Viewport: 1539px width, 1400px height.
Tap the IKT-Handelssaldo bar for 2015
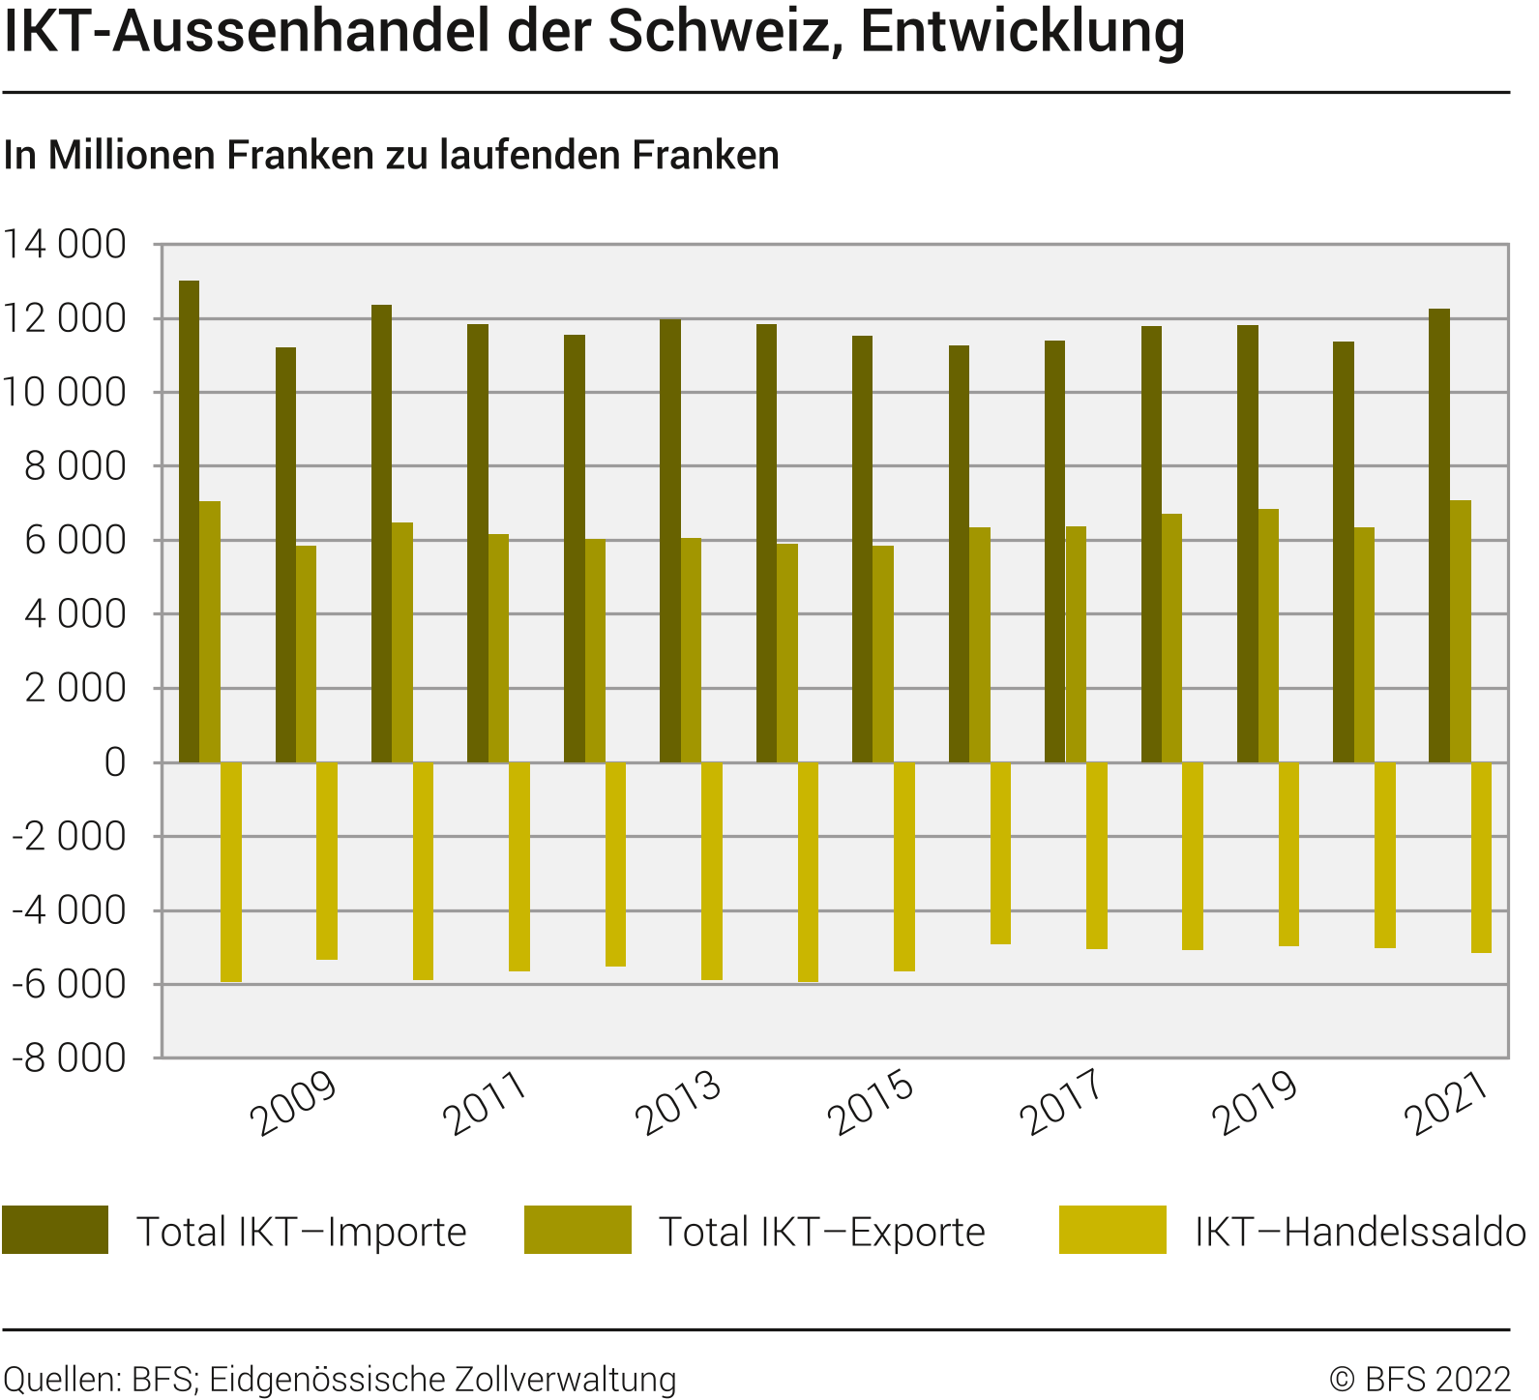903,866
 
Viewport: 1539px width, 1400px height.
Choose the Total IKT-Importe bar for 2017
1054,551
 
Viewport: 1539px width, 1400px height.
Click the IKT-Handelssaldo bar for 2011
519,866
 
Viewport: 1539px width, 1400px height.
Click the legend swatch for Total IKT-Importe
55,1230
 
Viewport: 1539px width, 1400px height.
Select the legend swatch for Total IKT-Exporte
577,1230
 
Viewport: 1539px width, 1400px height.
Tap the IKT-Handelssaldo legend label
1360,1232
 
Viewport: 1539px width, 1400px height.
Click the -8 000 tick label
69,1058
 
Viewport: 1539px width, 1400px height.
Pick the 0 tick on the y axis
114,762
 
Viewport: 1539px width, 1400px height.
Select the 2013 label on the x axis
678,1104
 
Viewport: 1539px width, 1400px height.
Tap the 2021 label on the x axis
1447,1104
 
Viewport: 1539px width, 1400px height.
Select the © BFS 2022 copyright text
1419,1379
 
